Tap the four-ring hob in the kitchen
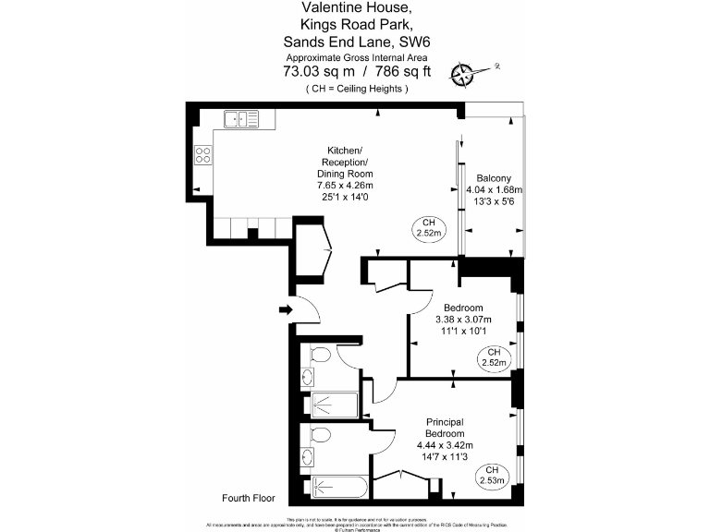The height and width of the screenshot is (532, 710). pyautogui.click(x=202, y=155)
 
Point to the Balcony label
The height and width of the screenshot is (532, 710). pyautogui.click(x=494, y=178)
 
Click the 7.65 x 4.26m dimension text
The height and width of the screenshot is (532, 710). pyautogui.click(x=345, y=185)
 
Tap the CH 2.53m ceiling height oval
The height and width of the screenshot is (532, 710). pyautogui.click(x=494, y=477)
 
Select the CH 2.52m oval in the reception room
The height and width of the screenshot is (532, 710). pyautogui.click(x=428, y=228)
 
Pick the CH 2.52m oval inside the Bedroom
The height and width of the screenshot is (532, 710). pyautogui.click(x=494, y=357)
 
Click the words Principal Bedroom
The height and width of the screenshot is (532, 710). pyautogui.click(x=444, y=428)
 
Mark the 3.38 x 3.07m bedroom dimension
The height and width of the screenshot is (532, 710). pyautogui.click(x=462, y=320)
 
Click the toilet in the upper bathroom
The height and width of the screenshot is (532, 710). pyautogui.click(x=318, y=356)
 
